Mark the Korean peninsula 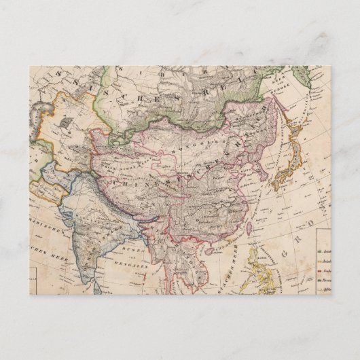[x=259, y=163]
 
